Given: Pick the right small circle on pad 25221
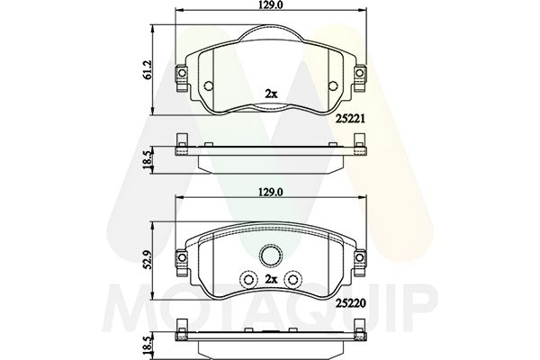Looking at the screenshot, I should click(x=334, y=86).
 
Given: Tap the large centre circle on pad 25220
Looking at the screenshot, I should click(x=271, y=256).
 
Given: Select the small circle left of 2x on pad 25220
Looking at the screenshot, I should click(x=245, y=280).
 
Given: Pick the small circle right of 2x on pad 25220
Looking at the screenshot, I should click(x=296, y=280).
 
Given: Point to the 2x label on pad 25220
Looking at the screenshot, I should click(x=270, y=281).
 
